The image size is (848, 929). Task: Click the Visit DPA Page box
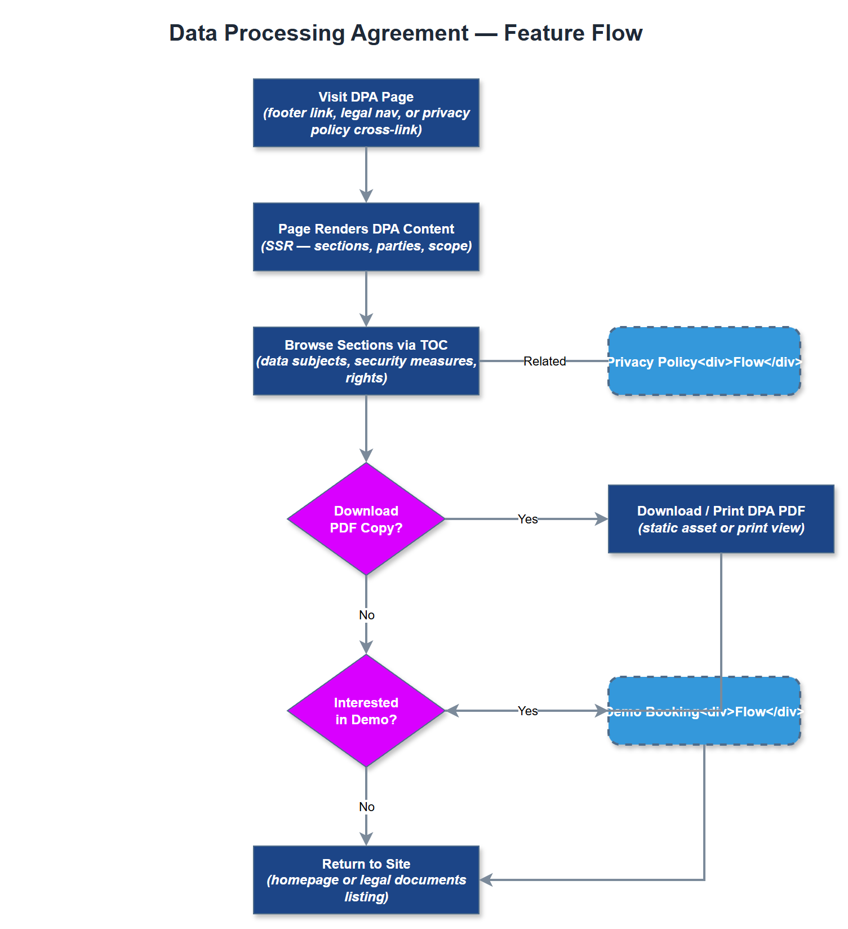pos(366,113)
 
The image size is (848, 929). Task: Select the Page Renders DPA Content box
pos(366,237)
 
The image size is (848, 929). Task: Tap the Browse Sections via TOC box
pos(366,361)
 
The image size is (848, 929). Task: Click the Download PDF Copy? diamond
pos(366,519)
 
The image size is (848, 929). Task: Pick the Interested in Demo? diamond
pos(366,711)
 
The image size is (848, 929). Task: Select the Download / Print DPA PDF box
pos(721,519)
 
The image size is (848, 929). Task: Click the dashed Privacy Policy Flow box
pos(704,361)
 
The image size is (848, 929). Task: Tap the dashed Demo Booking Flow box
pos(704,725)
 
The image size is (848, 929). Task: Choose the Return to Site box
pos(366,880)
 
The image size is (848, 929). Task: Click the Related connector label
pos(544,361)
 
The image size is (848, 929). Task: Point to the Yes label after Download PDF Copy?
pos(527,519)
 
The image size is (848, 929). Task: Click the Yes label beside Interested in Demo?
pos(527,711)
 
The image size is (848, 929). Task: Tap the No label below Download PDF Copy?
pos(366,615)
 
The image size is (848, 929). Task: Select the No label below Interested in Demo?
pos(366,807)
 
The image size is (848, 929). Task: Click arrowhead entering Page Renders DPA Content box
pos(366,196)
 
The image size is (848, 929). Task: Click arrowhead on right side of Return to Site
pos(486,880)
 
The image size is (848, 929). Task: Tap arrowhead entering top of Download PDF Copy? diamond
pos(366,456)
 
